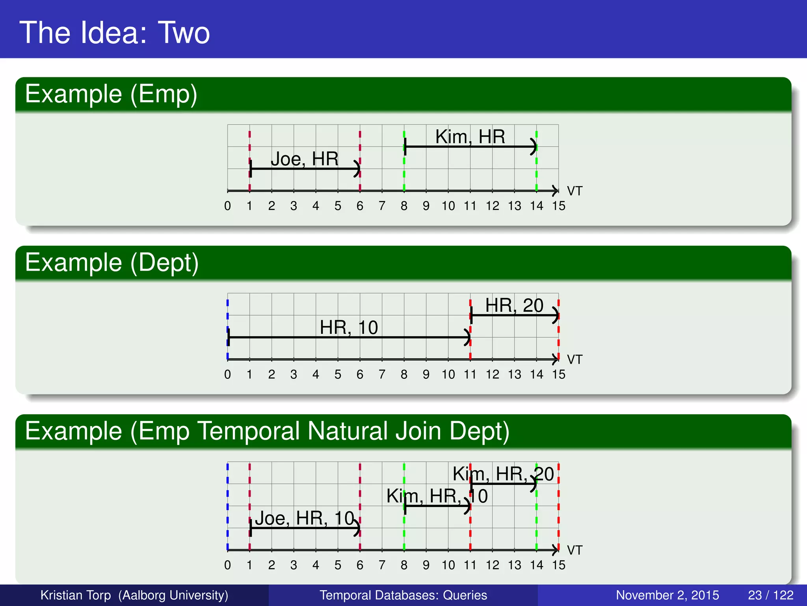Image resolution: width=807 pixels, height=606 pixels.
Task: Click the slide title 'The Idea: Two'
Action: pos(114,32)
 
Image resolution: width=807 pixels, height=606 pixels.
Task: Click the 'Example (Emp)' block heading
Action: pos(111,94)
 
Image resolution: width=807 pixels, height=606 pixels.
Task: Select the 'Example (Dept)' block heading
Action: pos(112,263)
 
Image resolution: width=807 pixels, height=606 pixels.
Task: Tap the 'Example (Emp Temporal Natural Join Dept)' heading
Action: pos(267,431)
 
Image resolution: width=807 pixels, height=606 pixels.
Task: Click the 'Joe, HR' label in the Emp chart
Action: pos(304,159)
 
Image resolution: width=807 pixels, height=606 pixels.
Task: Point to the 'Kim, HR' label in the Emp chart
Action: pos(470,137)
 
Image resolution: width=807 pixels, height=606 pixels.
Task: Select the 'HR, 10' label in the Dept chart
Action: pos(348,327)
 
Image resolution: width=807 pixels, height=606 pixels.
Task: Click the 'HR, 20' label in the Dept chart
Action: pos(514,305)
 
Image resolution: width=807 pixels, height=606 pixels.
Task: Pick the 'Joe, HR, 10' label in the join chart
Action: pos(305,518)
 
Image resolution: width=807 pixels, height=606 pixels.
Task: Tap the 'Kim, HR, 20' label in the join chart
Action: pos(503,474)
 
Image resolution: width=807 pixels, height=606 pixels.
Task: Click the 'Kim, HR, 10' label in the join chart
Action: pos(437,496)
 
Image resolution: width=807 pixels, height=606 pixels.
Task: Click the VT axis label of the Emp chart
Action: pos(574,191)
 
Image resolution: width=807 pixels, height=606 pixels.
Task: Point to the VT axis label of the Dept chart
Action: pos(574,359)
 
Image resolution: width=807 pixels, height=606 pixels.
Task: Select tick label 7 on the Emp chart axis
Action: pos(382,206)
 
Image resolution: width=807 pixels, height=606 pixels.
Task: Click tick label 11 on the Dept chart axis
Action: pos(470,374)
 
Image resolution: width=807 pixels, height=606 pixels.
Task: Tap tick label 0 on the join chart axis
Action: pos(227,565)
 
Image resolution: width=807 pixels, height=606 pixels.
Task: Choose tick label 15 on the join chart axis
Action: pos(558,565)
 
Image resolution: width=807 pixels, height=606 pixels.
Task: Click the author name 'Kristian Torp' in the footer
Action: pos(76,595)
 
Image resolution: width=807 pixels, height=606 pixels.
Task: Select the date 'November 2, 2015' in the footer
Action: pos(667,595)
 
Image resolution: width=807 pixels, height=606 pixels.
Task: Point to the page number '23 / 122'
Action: pos(770,595)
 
